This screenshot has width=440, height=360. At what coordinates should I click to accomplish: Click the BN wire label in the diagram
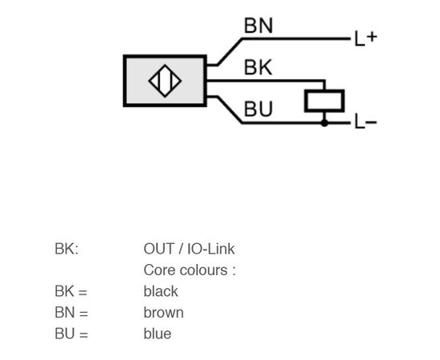pyautogui.click(x=258, y=26)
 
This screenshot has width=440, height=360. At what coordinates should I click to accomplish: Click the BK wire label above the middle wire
pyautogui.click(x=258, y=67)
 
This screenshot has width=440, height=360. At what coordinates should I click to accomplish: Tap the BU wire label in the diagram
pyautogui.click(x=258, y=109)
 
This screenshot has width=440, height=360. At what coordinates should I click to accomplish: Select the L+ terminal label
pyautogui.click(x=366, y=38)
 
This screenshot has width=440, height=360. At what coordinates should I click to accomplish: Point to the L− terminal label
pyautogui.click(x=366, y=122)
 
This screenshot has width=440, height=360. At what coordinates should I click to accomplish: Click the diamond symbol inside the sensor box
pyautogui.click(x=165, y=81)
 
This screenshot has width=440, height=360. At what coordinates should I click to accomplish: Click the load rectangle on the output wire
pyautogui.click(x=325, y=101)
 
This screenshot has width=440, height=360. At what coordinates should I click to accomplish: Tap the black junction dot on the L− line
pyautogui.click(x=324, y=123)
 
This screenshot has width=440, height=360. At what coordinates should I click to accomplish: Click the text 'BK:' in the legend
pyautogui.click(x=66, y=249)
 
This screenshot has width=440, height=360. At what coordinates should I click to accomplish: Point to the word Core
pyautogui.click(x=158, y=270)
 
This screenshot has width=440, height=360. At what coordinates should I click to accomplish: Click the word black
pyautogui.click(x=161, y=291)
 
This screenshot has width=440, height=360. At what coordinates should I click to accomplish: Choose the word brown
pyautogui.click(x=164, y=313)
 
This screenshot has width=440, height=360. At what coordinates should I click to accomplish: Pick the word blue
pyautogui.click(x=158, y=334)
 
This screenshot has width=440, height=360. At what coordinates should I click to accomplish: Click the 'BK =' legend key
pyautogui.click(x=71, y=291)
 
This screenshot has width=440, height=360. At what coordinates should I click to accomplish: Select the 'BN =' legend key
pyautogui.click(x=71, y=313)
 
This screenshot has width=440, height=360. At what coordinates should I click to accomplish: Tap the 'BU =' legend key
pyautogui.click(x=71, y=334)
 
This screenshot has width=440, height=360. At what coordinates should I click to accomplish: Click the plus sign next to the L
pyautogui.click(x=372, y=37)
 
